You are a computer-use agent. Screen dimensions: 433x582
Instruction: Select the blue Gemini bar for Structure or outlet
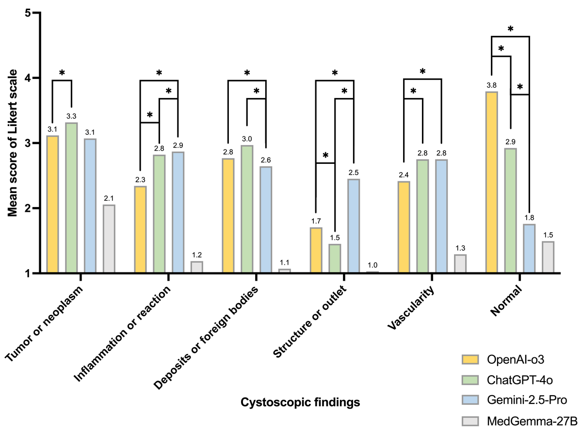click(353, 226)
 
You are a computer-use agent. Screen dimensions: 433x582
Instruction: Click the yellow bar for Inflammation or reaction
click(140, 230)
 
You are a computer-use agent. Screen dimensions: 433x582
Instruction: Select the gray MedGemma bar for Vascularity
click(460, 264)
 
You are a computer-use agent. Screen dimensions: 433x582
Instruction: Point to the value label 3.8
click(491, 86)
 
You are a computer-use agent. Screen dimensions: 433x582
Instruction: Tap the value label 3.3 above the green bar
click(71, 117)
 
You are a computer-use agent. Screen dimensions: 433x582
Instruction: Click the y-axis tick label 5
click(28, 13)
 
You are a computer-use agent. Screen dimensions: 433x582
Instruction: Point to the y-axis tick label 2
click(28, 208)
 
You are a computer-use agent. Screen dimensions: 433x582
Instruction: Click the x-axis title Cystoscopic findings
click(301, 402)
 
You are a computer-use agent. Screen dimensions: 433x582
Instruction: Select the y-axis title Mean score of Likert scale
click(13, 144)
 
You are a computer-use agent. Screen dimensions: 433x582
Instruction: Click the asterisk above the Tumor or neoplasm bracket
click(62, 73)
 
